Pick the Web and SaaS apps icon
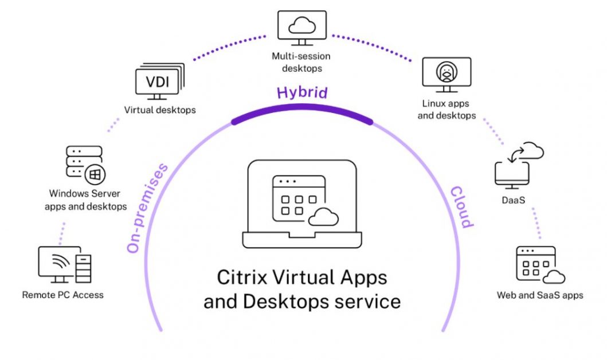tap(539, 265)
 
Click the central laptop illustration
tap(301, 204)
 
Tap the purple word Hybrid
tap(302, 92)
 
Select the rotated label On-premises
tap(147, 208)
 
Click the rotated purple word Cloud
tap(461, 206)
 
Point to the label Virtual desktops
tap(160, 109)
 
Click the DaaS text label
tap(512, 201)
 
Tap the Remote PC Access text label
tap(63, 295)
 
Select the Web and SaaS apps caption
tap(540, 296)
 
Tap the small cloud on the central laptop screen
tap(324, 217)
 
